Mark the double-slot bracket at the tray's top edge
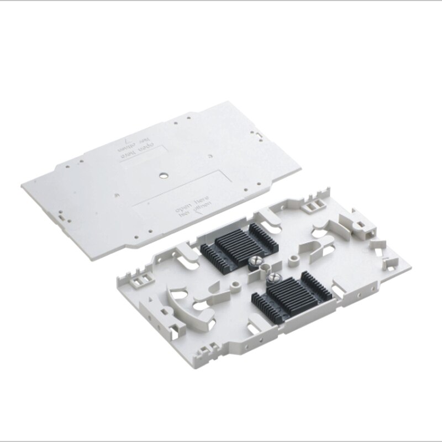[x=310, y=206]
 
